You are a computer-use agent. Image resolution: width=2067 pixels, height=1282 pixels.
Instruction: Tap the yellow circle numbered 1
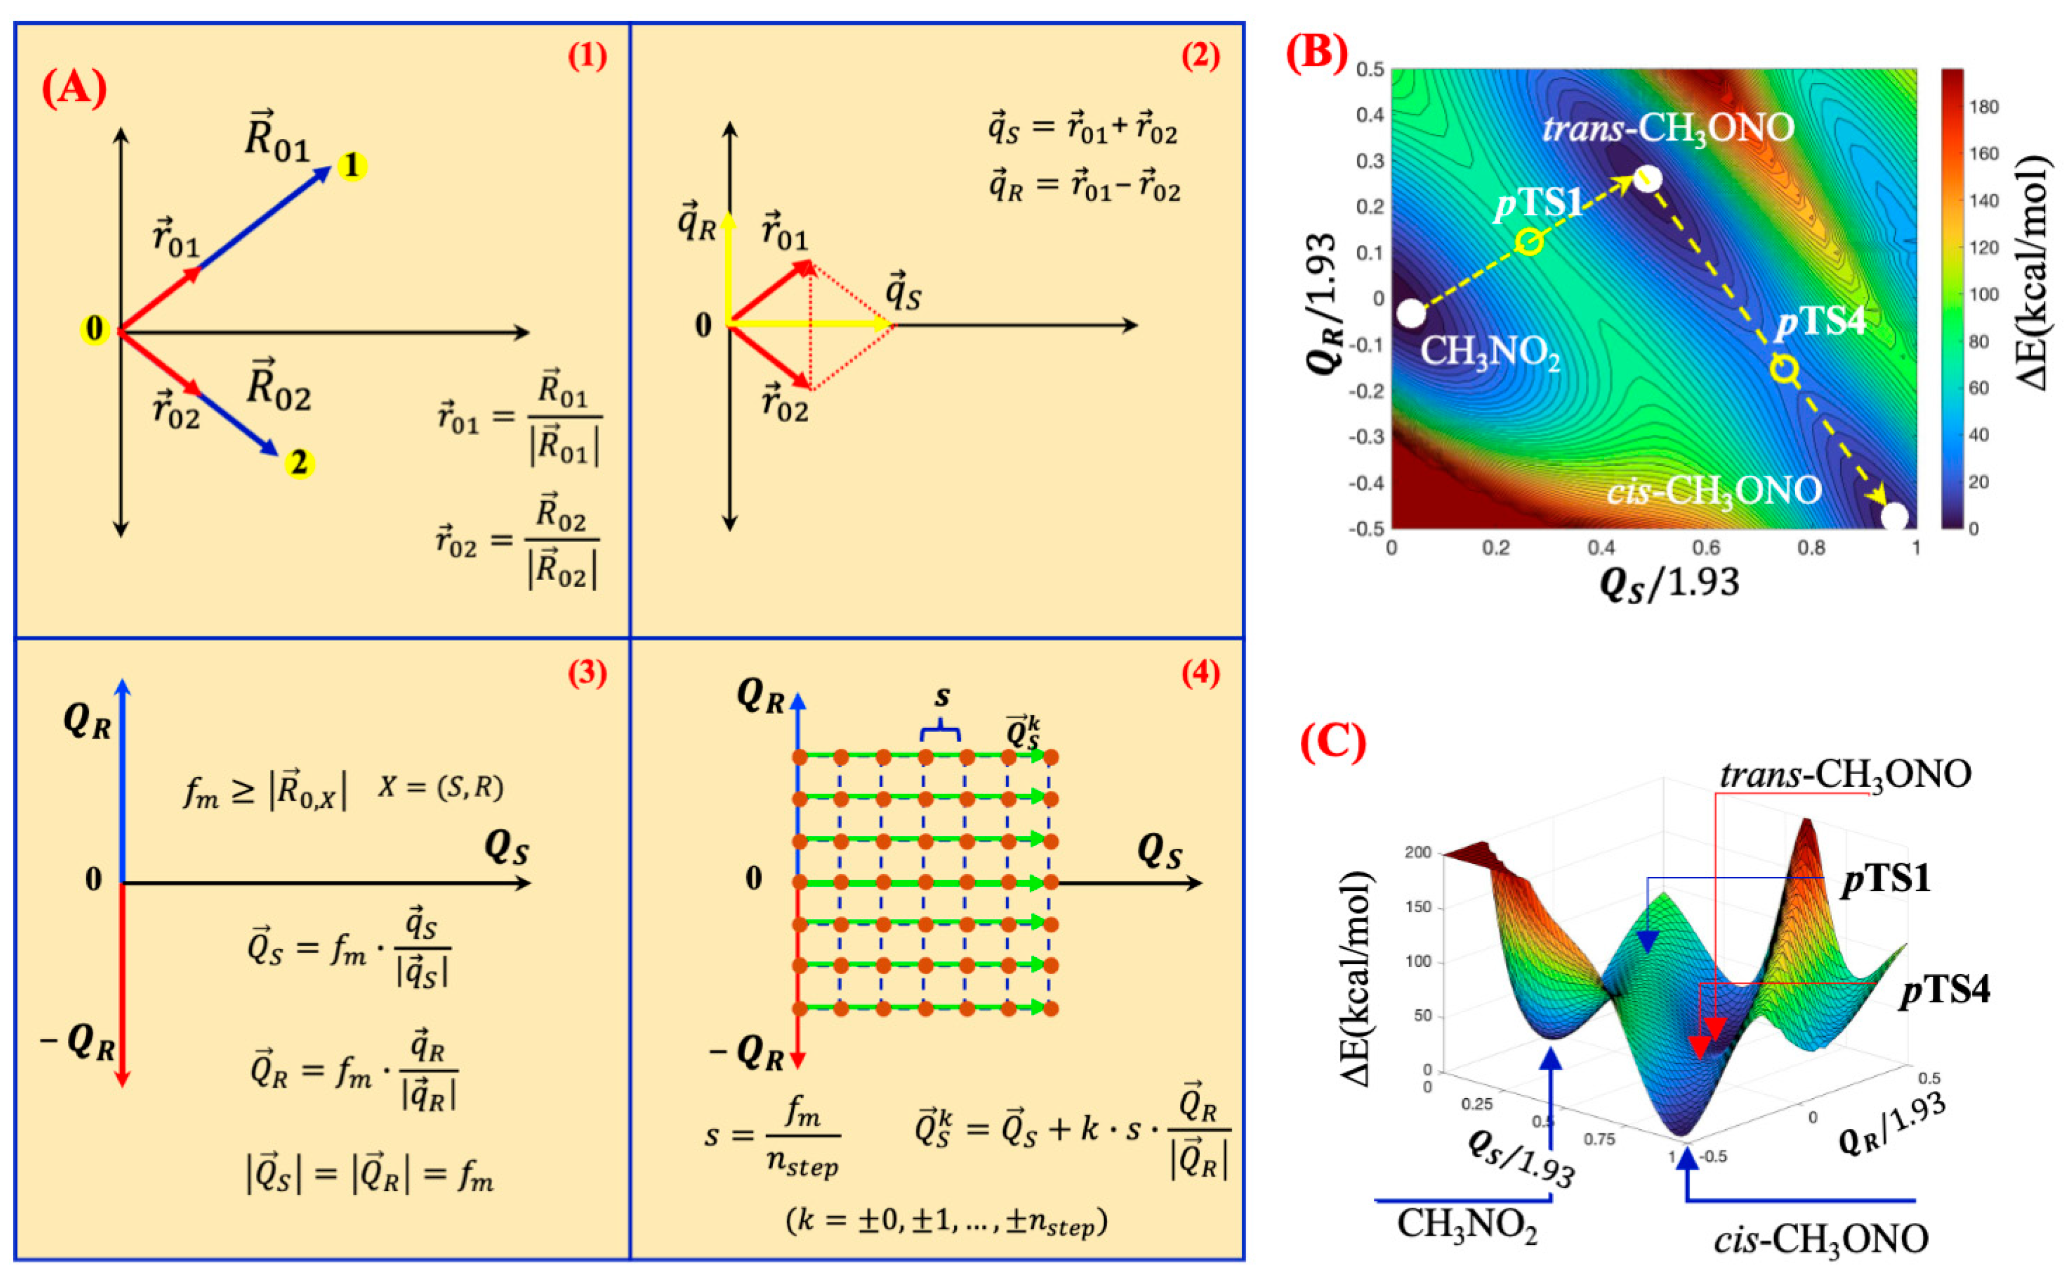[x=352, y=165]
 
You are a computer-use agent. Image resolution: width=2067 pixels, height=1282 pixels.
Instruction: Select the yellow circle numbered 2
[x=298, y=464]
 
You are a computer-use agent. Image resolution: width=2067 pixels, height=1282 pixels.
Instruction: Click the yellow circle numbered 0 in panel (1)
[x=94, y=329]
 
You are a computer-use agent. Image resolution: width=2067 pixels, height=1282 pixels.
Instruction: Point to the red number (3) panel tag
[x=587, y=672]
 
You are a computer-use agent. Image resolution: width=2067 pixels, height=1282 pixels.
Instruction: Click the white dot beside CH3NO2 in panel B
[x=1411, y=313]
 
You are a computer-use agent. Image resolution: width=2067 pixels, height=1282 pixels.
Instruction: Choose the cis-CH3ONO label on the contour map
[x=1713, y=491]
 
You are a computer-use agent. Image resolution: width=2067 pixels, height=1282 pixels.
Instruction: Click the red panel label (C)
[x=1333, y=743]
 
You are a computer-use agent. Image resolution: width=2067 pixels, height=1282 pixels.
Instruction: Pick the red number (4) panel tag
[x=1200, y=672]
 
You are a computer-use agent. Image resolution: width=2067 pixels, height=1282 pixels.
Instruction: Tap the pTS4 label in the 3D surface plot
[x=1944, y=990]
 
